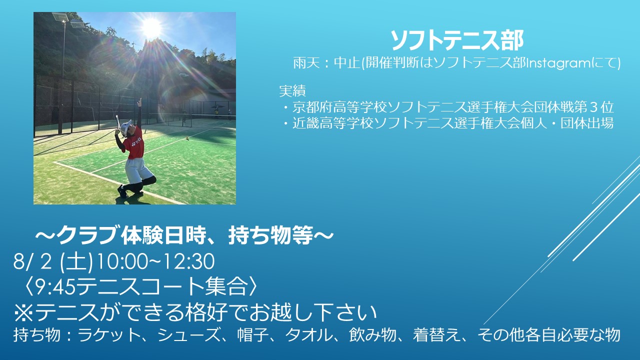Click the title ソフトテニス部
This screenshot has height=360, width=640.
coord(457,41)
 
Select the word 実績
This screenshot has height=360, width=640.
coord(292,91)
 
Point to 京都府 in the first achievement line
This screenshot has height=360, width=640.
coord(312,107)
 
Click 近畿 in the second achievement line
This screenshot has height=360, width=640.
coord(305,123)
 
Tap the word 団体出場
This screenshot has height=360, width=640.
coord(587,123)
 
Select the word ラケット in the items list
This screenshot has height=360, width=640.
coord(110,335)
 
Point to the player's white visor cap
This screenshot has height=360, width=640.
coord(126,125)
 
